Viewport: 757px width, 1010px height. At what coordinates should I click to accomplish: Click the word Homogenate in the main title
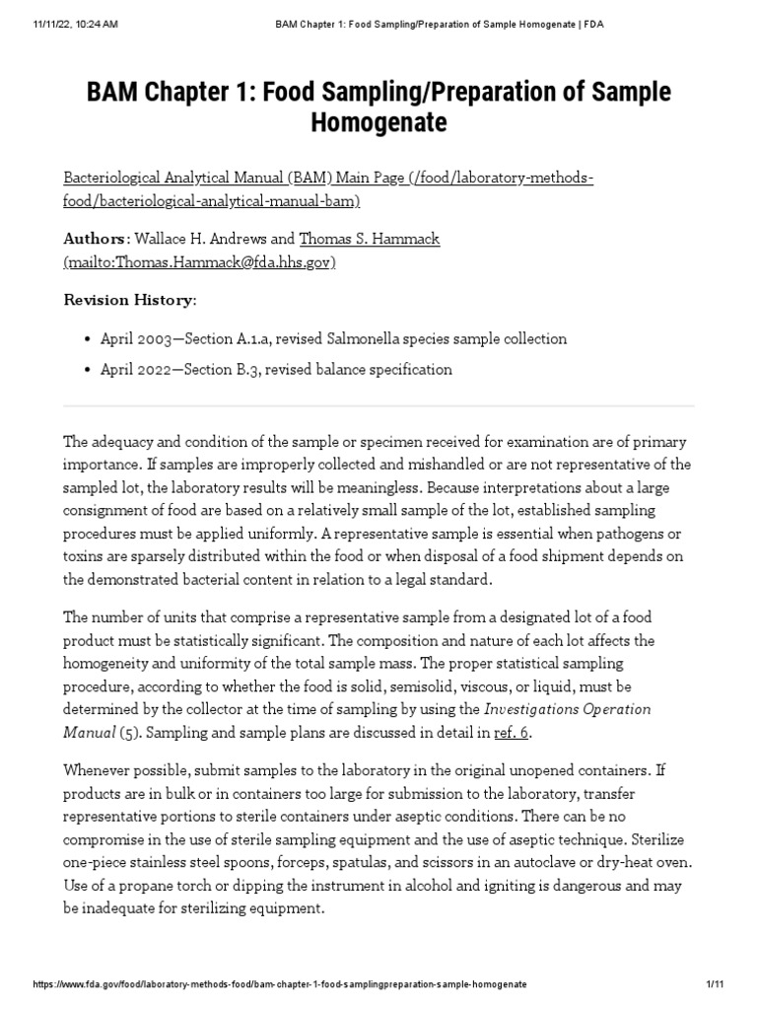point(378,122)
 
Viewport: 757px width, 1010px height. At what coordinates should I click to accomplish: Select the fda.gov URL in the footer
point(280,984)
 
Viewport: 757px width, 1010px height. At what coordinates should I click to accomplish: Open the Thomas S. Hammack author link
point(355,239)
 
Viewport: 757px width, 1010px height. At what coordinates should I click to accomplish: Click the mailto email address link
point(200,261)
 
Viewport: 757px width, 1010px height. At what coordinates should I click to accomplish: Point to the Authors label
point(95,239)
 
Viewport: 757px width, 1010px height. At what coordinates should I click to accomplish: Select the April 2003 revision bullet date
point(139,338)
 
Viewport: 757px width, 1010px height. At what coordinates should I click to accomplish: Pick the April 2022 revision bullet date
point(139,369)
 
